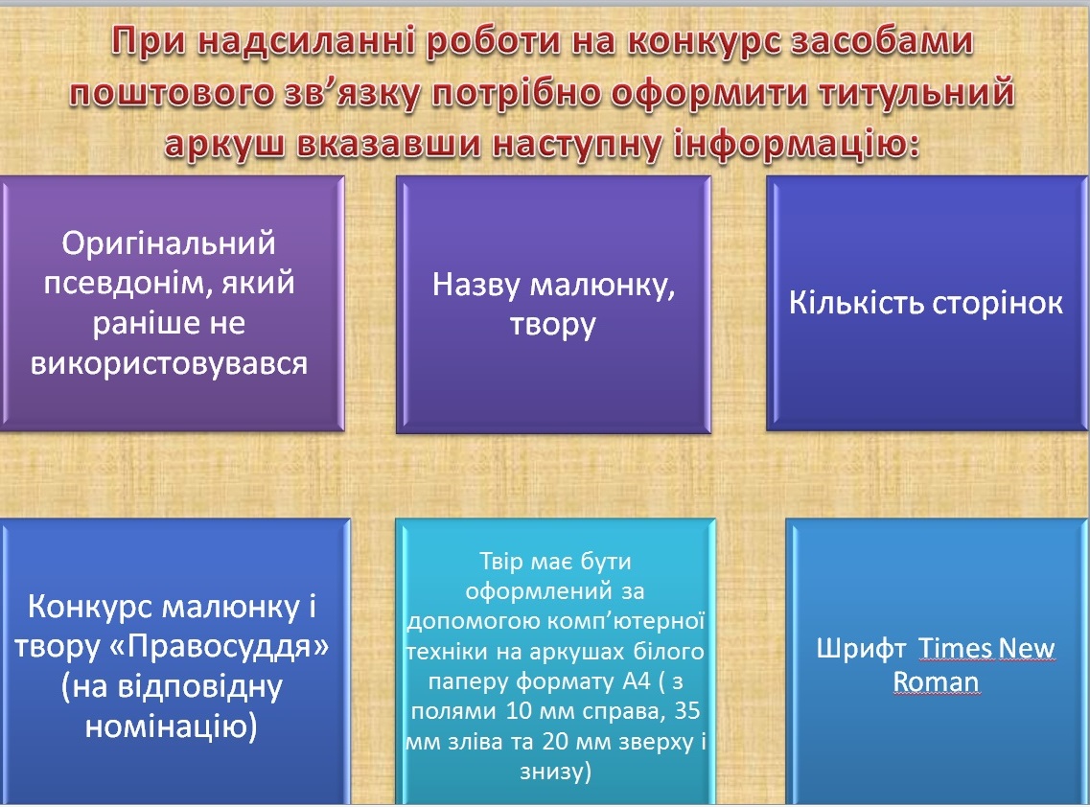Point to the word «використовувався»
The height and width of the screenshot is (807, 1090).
click(x=169, y=363)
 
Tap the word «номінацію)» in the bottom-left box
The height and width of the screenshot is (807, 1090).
click(x=171, y=727)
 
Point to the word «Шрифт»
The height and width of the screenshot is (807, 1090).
click(x=861, y=648)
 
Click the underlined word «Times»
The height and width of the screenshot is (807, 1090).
click(x=955, y=648)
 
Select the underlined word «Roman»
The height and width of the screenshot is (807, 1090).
click(x=937, y=681)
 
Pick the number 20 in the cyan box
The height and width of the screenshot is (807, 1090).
click(x=555, y=742)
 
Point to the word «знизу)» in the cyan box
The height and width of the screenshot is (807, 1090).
click(x=555, y=772)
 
